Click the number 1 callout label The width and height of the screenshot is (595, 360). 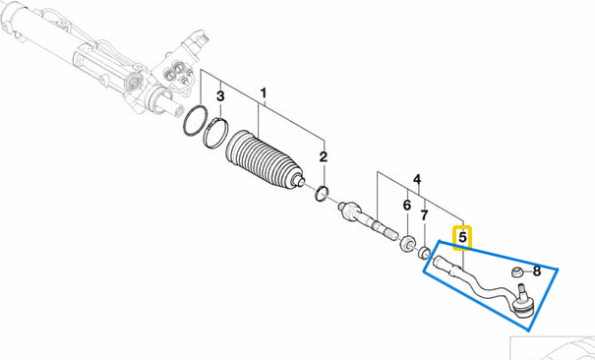point(264,95)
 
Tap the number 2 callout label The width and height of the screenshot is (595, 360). point(323,156)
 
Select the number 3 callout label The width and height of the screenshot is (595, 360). point(221,96)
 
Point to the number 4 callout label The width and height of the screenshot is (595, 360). point(417,180)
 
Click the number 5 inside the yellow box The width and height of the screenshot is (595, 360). point(462,238)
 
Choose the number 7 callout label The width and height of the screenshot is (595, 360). point(425,215)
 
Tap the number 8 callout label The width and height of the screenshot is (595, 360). point(537,270)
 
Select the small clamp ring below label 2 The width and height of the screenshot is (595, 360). point(322,193)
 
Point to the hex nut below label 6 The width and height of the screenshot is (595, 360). point(405,242)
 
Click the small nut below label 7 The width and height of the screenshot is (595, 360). point(424,253)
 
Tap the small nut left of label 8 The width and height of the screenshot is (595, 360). point(517,270)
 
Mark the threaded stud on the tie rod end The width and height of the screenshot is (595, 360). point(520,290)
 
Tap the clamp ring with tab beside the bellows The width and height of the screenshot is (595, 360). point(215,132)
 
